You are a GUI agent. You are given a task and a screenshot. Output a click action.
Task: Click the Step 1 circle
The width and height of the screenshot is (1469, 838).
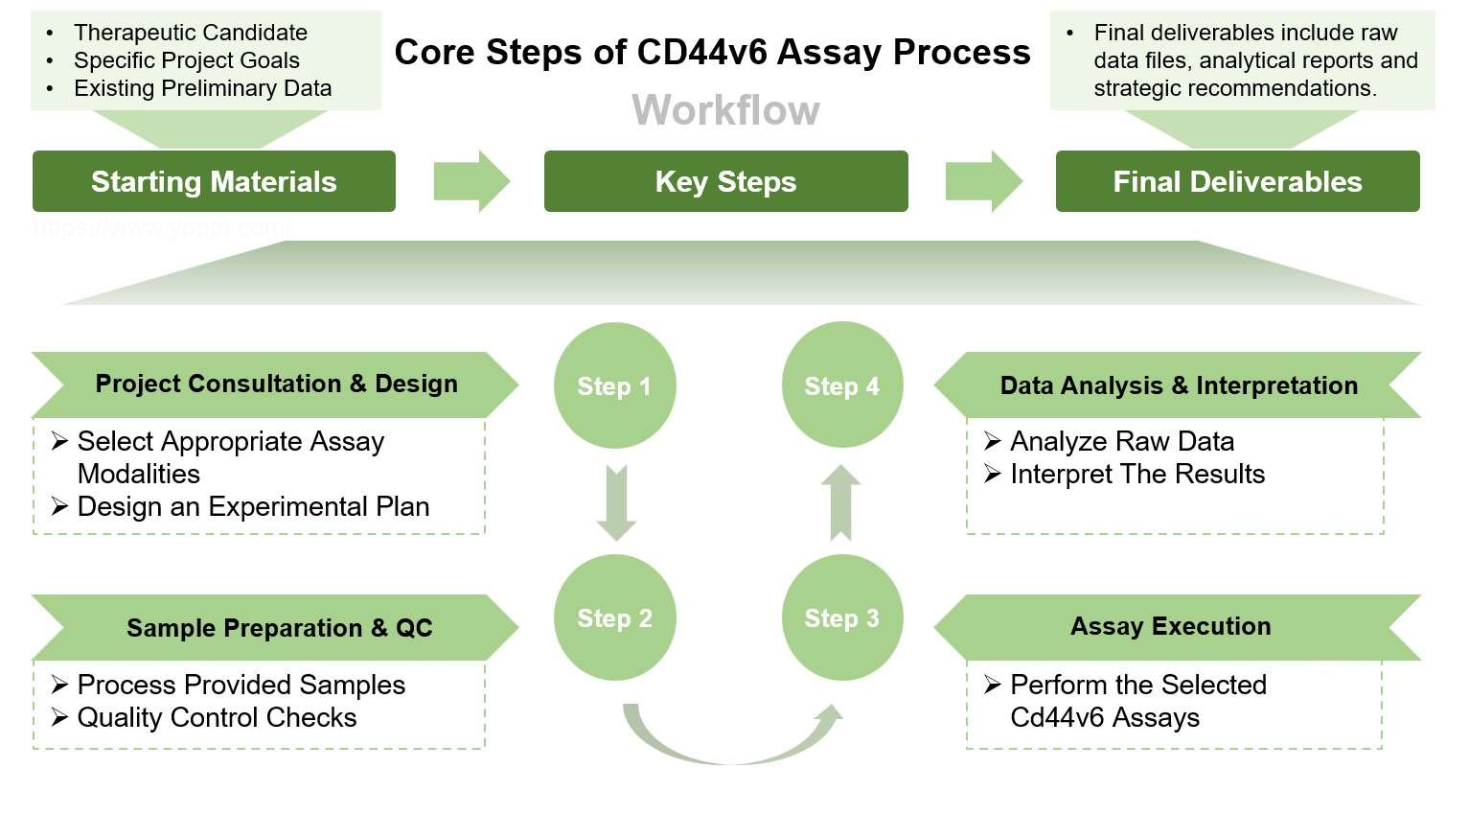614,385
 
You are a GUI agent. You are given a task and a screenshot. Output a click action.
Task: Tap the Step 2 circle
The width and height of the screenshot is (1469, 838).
614,617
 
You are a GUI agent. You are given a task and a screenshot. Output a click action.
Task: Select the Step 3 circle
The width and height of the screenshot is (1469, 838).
841,617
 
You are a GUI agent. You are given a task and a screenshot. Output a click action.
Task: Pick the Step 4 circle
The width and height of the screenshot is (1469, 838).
841,385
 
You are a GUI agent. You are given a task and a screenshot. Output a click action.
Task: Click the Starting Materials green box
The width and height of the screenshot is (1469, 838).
214,181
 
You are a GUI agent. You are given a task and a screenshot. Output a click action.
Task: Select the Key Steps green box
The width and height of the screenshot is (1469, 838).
725,181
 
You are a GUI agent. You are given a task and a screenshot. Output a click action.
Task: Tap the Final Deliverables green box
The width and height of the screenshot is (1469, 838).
1237,181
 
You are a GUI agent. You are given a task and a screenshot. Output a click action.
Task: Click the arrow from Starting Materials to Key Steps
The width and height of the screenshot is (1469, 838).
471,181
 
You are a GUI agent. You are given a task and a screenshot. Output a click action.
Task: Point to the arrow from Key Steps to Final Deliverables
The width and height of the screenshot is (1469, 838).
982,181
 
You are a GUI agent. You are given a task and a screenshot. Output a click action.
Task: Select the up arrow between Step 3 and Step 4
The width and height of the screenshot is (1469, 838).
841,502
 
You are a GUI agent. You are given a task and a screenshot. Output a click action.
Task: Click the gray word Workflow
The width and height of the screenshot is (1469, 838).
725,110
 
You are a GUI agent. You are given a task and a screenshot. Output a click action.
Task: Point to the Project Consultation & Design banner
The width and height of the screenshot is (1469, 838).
276,384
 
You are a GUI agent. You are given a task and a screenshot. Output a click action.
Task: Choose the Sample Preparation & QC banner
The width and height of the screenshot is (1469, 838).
279,628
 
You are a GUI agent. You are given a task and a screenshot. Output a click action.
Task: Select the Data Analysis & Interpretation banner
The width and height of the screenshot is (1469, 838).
1178,385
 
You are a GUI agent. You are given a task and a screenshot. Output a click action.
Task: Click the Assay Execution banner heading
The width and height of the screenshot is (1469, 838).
1170,626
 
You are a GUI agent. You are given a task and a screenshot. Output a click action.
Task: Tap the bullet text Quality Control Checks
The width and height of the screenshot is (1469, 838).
217,717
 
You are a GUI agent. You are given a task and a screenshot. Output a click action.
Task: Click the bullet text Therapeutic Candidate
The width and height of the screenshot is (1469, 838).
190,33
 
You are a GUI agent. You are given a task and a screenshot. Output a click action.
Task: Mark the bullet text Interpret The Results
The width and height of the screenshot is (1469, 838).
1136,474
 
